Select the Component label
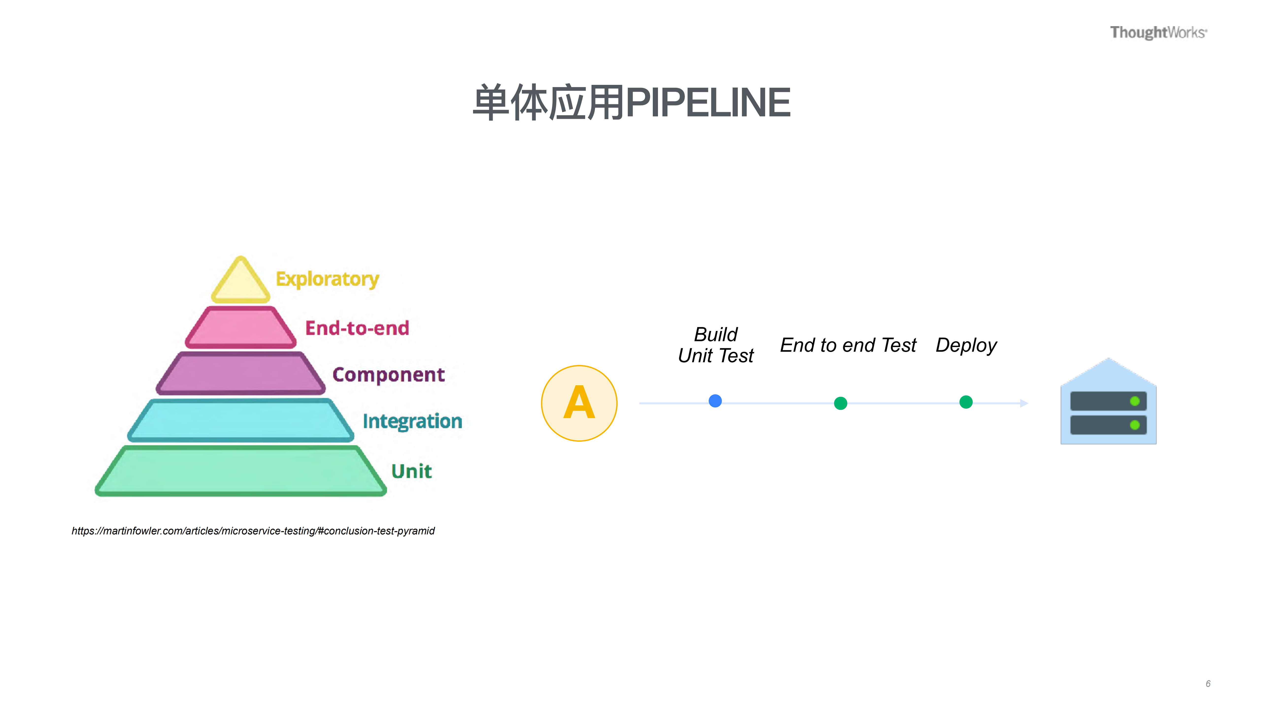pyautogui.click(x=388, y=375)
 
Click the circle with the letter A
pyautogui.click(x=579, y=403)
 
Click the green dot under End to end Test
pyautogui.click(x=841, y=403)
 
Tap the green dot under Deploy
pyautogui.click(x=966, y=402)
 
